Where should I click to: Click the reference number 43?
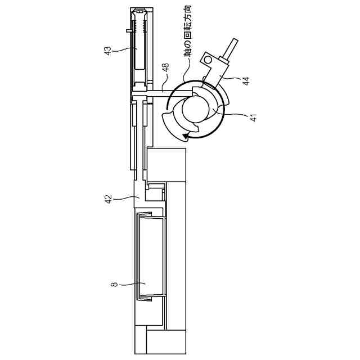tap(107, 51)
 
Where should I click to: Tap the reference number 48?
tap(164, 68)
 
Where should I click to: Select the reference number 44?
tap(246, 81)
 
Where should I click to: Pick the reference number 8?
tap(115, 286)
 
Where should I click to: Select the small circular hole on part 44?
tap(208, 58)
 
